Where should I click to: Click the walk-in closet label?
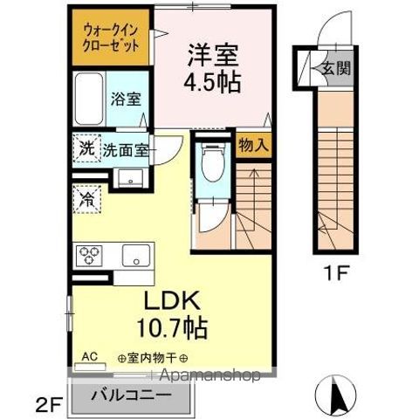coord(112,34)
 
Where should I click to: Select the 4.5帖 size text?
coord(212,83)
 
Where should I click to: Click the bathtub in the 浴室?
coord(90,98)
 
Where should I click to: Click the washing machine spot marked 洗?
coord(86,148)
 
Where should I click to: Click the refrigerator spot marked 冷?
coord(88,200)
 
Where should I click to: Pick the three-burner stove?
coord(90,256)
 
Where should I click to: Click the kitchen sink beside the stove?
coord(135,256)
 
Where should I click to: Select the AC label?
coord(90,357)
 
